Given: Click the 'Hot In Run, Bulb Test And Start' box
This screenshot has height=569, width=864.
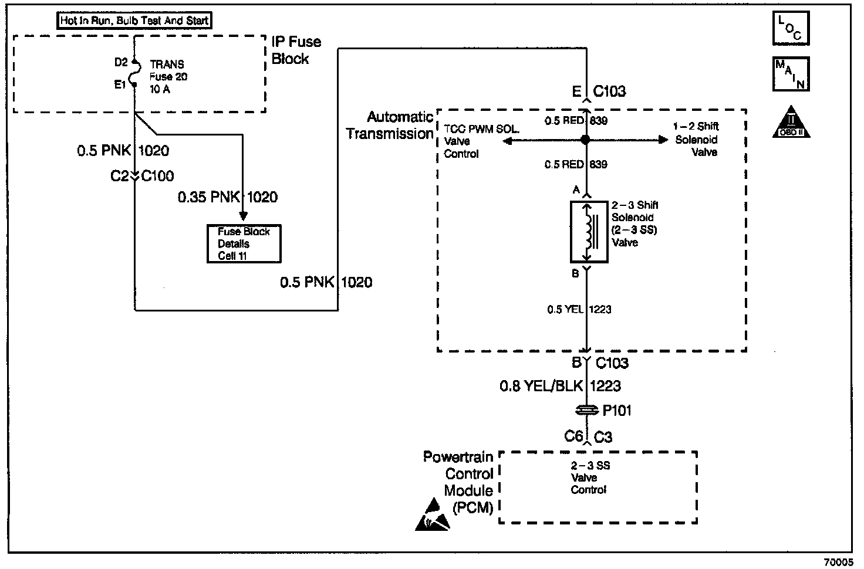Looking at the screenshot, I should click(134, 21).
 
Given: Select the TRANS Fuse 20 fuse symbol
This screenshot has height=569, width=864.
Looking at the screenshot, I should click(135, 73).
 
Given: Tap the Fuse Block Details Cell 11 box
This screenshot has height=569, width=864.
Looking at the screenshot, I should click(244, 243).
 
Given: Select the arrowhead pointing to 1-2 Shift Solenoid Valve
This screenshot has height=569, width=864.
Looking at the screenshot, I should click(664, 140).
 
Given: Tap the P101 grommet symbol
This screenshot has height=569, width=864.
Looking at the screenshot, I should click(586, 410).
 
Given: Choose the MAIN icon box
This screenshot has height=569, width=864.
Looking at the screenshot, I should click(791, 74).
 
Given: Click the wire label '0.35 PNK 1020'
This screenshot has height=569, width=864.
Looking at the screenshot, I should click(228, 197).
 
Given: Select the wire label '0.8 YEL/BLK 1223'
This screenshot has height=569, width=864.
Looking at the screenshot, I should click(560, 386).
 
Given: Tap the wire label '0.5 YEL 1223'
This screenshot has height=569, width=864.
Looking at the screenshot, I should click(579, 309).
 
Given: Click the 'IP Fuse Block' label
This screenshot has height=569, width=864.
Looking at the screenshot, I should click(296, 50).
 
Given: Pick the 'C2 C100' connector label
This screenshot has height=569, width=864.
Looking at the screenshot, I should click(143, 175).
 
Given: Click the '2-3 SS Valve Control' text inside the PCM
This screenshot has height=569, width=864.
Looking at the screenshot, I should click(590, 477).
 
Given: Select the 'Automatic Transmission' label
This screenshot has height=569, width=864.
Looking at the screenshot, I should click(390, 126).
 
